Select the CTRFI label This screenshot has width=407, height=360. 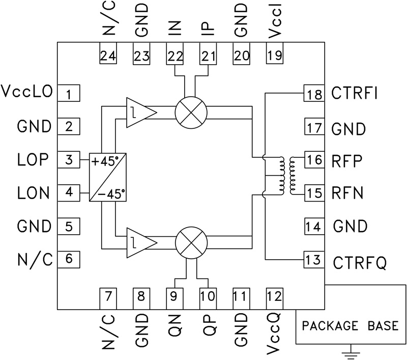(x=355, y=94)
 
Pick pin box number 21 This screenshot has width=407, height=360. (x=208, y=56)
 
